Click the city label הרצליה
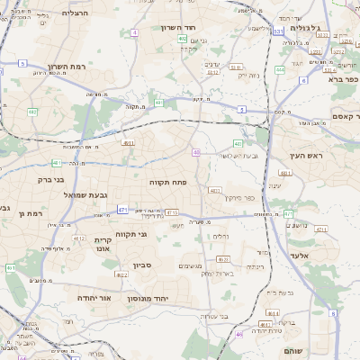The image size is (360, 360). coord(78,13)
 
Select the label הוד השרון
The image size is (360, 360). coord(179,28)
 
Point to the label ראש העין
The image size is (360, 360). coord(306,156)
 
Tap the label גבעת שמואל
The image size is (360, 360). coord(61,194)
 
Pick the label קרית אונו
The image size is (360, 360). coord(103,246)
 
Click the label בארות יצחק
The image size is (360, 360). coord(219,273)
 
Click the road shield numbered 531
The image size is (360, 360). coord(278,31)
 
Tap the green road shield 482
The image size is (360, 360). coord(32,112)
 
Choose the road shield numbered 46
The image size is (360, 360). coord(239,334)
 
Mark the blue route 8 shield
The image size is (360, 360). coord(331,313)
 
